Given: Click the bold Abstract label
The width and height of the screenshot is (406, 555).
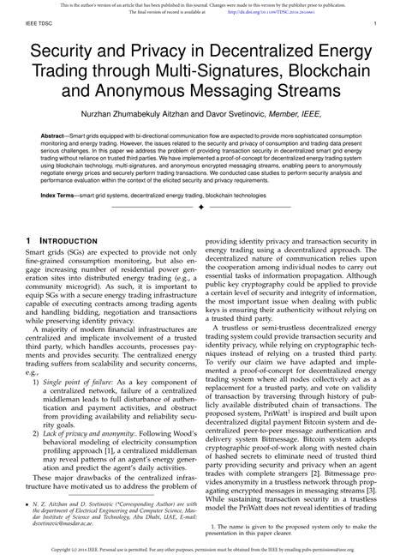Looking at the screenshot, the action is [x=57, y=136].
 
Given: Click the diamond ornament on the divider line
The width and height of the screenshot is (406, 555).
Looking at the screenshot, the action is [x=203, y=208].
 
